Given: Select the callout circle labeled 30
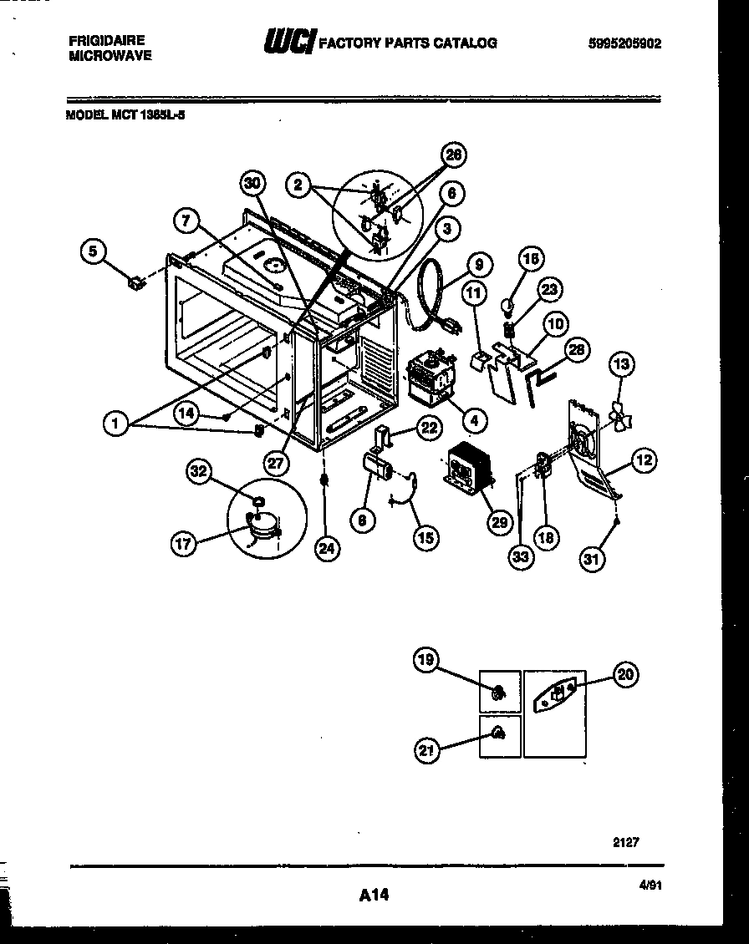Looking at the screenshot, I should tap(253, 184).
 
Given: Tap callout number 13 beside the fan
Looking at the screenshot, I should tap(621, 364).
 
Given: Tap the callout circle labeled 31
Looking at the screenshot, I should tap(591, 561).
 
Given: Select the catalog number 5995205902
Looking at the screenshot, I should tap(624, 43).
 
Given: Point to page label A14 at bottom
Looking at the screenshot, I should tap(374, 896).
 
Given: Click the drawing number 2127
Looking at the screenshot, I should tap(627, 842).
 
